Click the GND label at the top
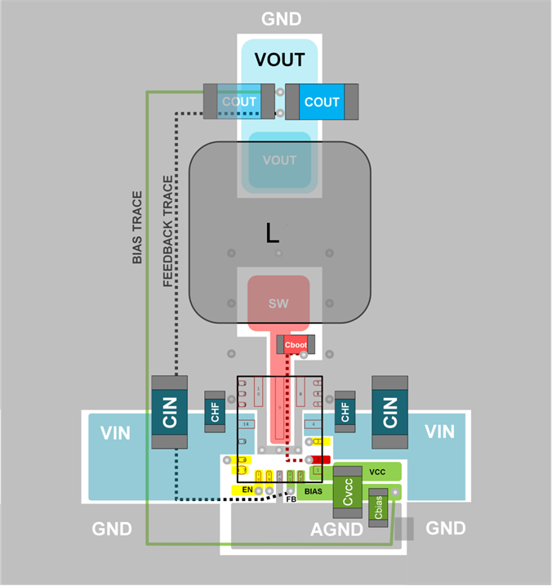(x=281, y=19)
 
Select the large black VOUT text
(x=279, y=60)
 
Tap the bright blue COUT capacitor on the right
(x=321, y=101)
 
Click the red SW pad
(x=278, y=302)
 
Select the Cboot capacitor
(x=294, y=345)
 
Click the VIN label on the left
(x=114, y=433)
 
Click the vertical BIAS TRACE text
(x=137, y=227)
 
